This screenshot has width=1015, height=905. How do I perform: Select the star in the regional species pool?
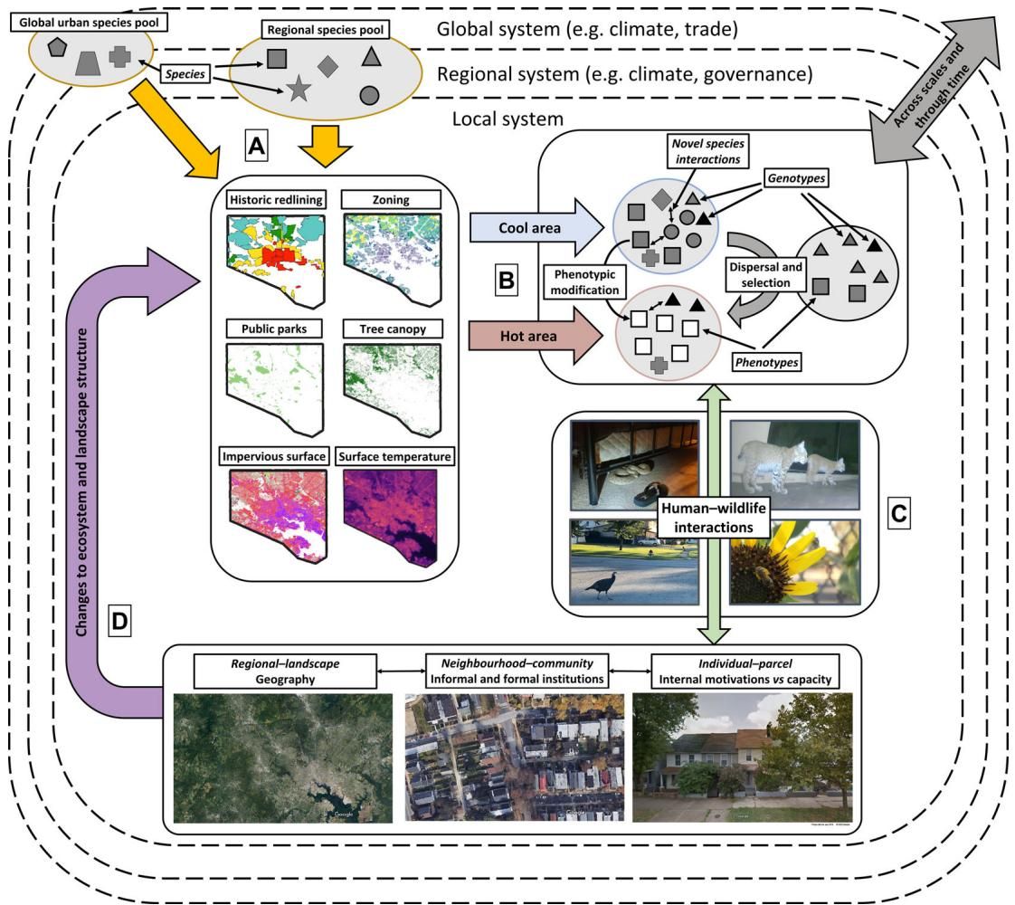click(x=300, y=90)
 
